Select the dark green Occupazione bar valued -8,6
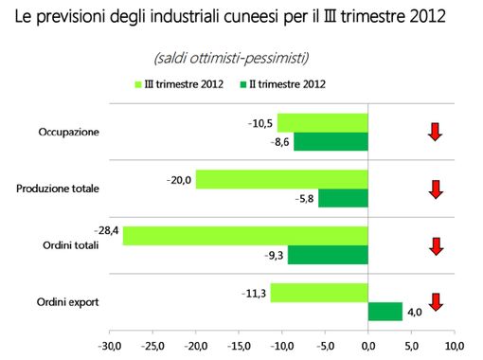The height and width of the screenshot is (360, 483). (x=331, y=142)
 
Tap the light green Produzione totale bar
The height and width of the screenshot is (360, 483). (x=281, y=179)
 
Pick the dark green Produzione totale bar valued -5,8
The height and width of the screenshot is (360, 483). (x=343, y=198)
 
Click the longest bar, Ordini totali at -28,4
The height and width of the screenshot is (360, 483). (x=244, y=236)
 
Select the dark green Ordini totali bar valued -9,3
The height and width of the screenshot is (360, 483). (x=328, y=255)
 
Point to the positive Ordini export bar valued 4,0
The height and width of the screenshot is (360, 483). (x=385, y=312)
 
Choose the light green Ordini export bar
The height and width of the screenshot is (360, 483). (x=319, y=293)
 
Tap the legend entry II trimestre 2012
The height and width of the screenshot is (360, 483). (x=285, y=85)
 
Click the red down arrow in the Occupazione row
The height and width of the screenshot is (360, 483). (x=435, y=132)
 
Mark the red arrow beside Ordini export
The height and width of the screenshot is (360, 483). (x=435, y=302)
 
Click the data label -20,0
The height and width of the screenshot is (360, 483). (x=178, y=179)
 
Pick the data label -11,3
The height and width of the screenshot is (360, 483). (x=253, y=293)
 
